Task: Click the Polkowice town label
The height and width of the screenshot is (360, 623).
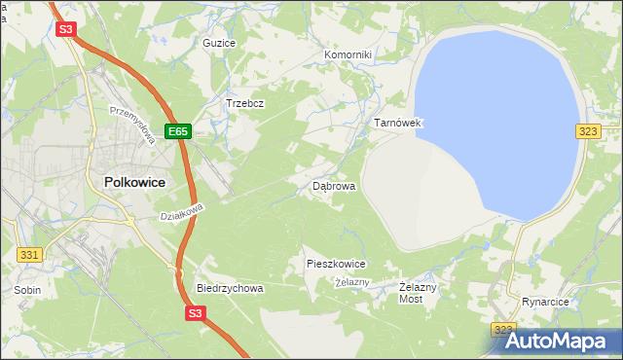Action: (134, 182)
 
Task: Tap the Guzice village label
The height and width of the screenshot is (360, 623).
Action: (218, 44)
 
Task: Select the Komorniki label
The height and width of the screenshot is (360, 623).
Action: (348, 55)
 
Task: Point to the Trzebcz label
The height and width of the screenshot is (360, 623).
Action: (245, 103)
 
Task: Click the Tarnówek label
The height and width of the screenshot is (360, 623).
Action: (397, 124)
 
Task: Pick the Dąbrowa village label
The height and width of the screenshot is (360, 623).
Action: (334, 185)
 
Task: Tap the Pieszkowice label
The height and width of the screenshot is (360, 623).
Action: (336, 264)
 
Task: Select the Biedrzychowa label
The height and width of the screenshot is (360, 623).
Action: (230, 289)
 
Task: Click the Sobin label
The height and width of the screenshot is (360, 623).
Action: (27, 290)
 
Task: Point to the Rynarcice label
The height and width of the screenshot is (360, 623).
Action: (545, 303)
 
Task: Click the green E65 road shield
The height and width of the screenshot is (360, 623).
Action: (176, 130)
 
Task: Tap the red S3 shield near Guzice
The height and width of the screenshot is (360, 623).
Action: (66, 29)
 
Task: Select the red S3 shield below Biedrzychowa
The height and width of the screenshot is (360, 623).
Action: (196, 313)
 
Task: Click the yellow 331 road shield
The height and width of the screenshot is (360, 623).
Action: (29, 254)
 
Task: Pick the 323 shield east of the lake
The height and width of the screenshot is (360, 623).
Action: (587, 130)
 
